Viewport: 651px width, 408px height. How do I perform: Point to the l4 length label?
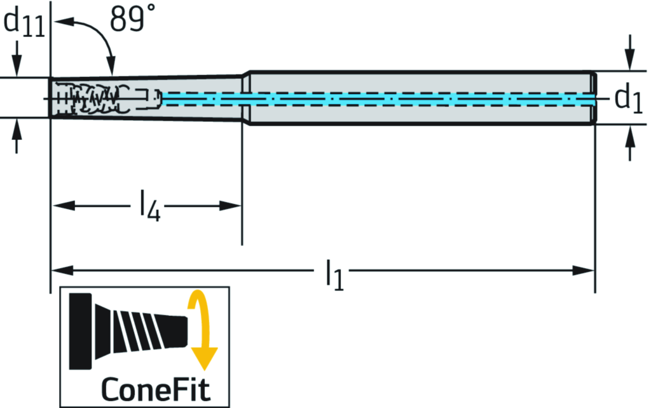click(149, 207)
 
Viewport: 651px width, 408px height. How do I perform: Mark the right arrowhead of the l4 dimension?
click(230, 205)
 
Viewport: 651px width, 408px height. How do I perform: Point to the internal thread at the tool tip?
click(95, 99)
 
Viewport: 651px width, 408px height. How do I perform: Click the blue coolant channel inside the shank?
click(381, 99)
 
